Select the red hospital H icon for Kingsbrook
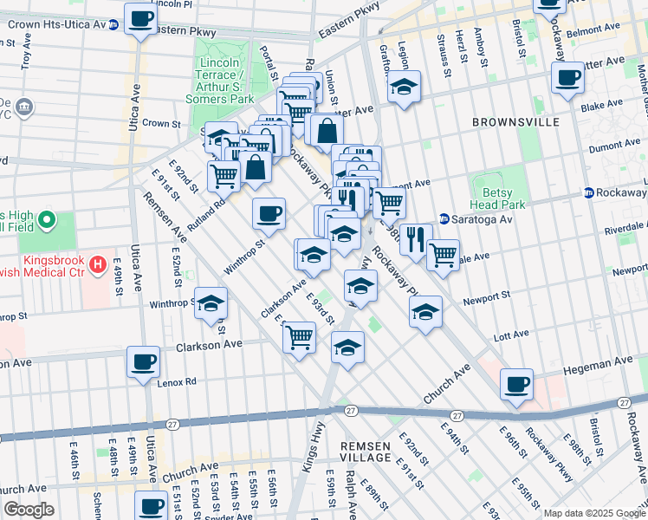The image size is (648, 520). click(99, 263)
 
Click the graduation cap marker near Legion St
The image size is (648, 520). click(404, 87)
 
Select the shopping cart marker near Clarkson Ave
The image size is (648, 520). click(300, 335)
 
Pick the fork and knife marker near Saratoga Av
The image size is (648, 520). click(416, 238)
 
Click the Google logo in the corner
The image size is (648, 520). click(29, 510)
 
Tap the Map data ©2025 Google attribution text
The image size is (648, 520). click(593, 513)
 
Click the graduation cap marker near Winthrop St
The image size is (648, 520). click(210, 305)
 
